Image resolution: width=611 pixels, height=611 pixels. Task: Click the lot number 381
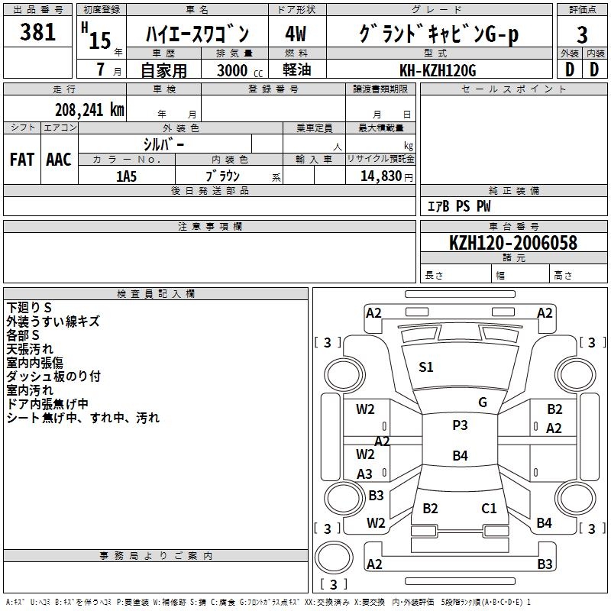(x=38, y=32)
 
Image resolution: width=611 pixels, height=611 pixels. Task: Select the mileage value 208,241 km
(x=89, y=109)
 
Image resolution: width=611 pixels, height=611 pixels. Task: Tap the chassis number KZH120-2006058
(x=512, y=243)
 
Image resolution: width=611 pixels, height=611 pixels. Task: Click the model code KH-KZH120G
(x=438, y=70)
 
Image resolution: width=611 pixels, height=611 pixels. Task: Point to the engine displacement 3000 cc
(x=236, y=70)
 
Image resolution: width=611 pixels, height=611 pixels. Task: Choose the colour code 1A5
(x=126, y=176)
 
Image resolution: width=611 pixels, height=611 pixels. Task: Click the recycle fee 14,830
(x=380, y=176)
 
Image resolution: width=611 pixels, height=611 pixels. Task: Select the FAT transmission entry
(x=21, y=160)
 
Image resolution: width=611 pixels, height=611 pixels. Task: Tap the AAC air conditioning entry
(x=59, y=160)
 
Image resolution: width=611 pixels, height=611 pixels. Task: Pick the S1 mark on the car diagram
(x=426, y=367)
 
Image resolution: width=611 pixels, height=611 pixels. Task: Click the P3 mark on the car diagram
(x=460, y=425)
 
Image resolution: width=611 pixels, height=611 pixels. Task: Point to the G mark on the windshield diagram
(x=483, y=402)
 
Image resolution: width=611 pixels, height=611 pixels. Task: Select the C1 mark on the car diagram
(x=489, y=508)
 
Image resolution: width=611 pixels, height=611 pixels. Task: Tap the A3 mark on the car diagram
(x=365, y=474)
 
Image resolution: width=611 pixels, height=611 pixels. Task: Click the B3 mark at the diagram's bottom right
(x=545, y=564)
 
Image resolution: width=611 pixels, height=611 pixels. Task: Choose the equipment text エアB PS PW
(x=458, y=206)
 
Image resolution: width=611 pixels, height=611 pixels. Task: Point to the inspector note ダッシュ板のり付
(x=53, y=376)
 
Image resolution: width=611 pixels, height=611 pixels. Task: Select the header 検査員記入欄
(x=156, y=293)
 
